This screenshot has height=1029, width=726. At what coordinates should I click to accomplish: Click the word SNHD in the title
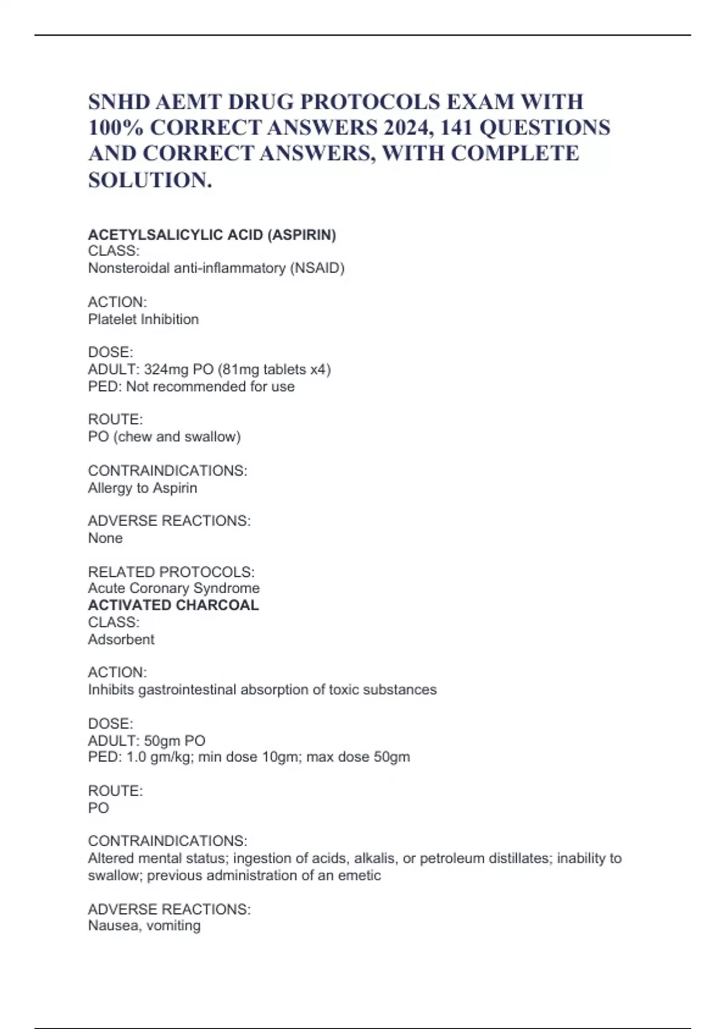coord(119,102)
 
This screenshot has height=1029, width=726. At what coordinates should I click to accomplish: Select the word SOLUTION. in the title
coord(150,180)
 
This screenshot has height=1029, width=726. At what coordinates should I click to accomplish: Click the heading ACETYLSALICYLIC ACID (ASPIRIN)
coord(212,235)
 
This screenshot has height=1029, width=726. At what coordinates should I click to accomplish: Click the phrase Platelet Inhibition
coord(143,320)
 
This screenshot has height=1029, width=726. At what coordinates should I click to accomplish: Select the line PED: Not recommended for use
coord(191,387)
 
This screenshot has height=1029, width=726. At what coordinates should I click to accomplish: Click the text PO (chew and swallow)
coord(164,437)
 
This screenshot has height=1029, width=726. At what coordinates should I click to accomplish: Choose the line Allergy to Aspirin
coord(142,488)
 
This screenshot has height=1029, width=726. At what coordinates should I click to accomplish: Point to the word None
coord(105,538)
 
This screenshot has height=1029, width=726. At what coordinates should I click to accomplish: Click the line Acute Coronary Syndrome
coord(174,588)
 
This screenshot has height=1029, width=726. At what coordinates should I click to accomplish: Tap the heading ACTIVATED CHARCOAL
coord(173,605)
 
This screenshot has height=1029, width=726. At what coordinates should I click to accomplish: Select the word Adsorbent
coord(121,640)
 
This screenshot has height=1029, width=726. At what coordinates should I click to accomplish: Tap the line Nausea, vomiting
coord(144,926)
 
